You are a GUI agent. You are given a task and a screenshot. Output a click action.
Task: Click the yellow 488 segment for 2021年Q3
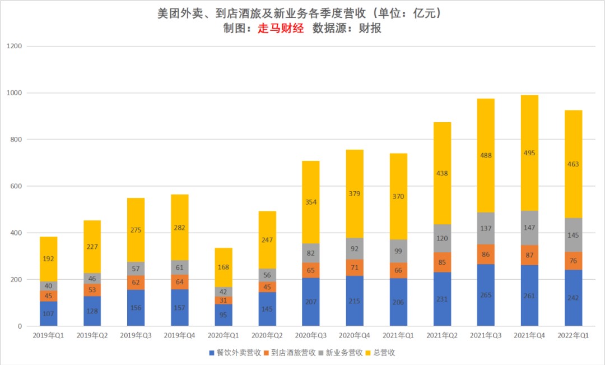[x=486, y=155]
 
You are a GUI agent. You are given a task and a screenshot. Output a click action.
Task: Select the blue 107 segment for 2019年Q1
[x=48, y=313]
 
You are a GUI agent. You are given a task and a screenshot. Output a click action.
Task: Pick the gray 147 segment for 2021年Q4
[x=529, y=228]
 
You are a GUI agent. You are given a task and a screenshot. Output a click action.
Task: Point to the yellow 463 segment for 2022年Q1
[x=573, y=164]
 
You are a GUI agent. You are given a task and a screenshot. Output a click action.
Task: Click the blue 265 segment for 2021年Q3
[x=486, y=295]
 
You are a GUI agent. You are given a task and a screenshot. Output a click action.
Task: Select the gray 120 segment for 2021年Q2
[x=442, y=238]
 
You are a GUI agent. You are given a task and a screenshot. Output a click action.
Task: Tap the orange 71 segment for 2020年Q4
[x=355, y=267]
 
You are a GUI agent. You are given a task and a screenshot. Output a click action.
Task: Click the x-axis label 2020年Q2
[x=267, y=335]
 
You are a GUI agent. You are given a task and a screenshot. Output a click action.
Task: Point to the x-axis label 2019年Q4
[x=179, y=335]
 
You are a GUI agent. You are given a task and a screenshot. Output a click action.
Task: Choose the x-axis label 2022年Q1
[x=573, y=335]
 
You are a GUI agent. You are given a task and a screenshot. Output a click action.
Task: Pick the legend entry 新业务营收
[x=339, y=353]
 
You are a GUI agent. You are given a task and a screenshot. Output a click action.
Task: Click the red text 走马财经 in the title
[x=280, y=29]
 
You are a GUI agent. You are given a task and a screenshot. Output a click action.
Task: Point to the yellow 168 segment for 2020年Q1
[x=223, y=267]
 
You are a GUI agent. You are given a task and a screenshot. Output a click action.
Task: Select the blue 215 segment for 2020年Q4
[x=355, y=301]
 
